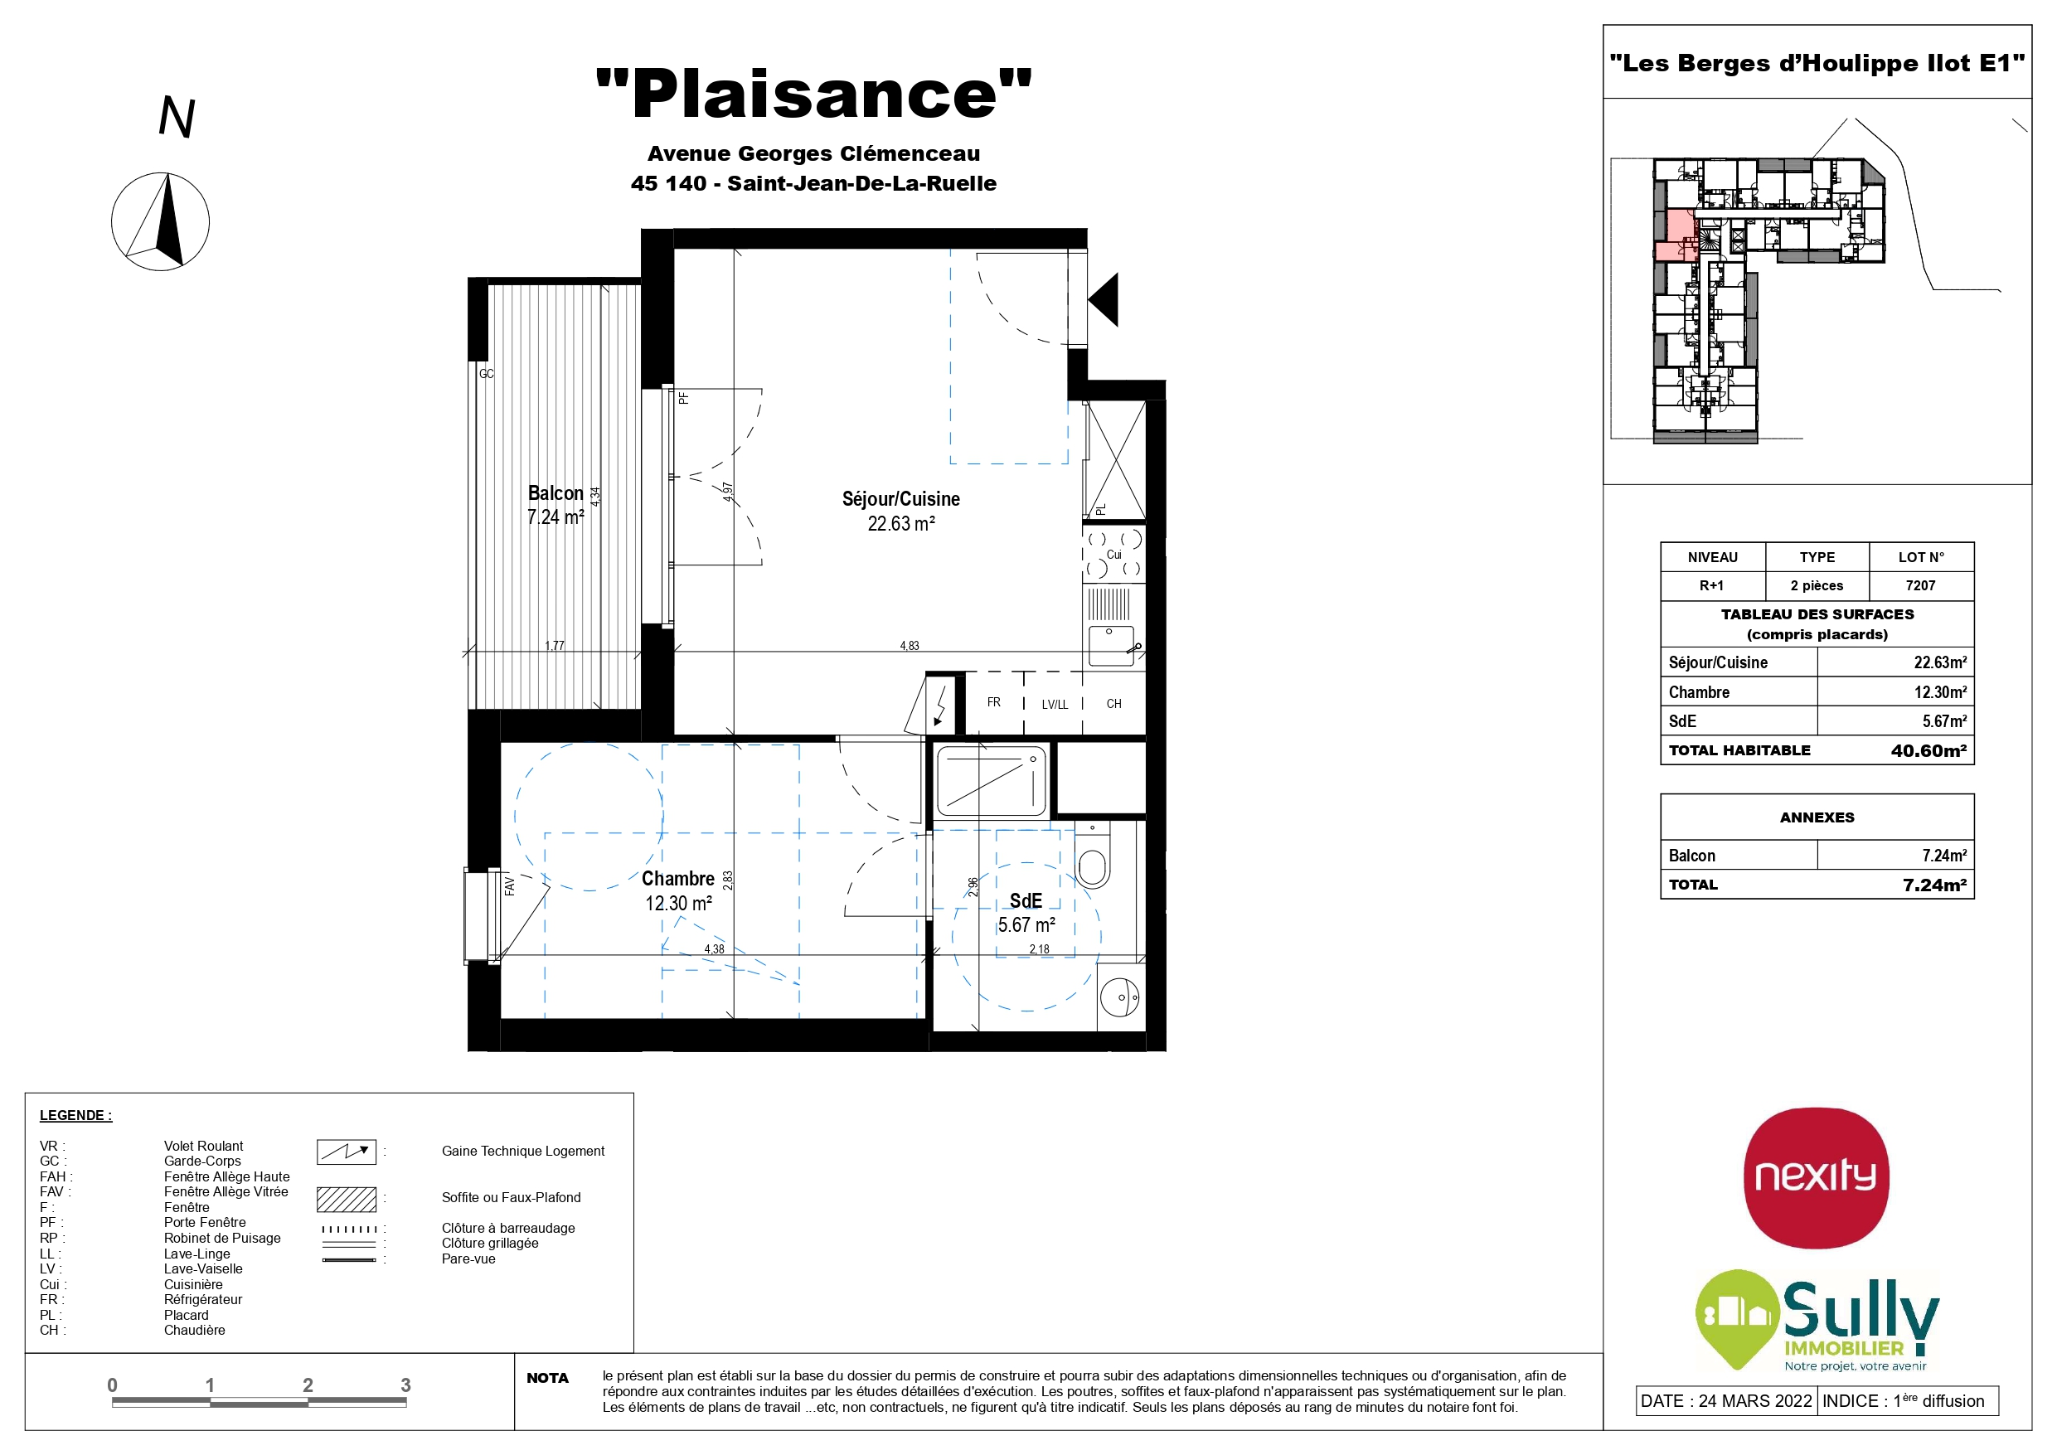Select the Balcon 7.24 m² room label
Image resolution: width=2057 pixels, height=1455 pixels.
coord(555,505)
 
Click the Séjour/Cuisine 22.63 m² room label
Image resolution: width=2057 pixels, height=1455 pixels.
coord(900,511)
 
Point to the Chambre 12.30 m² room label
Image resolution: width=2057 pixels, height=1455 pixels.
coord(678,890)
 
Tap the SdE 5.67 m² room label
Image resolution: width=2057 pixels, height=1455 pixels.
coord(1026,912)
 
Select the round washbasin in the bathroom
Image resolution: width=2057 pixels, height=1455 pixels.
coord(1120,997)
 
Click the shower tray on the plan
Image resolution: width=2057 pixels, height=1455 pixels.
coord(992,781)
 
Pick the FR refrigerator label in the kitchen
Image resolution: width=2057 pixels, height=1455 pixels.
coord(993,702)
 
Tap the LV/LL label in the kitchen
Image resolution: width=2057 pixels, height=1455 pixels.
coord(1055,704)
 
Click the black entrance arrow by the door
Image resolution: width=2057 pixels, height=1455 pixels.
coord(1104,299)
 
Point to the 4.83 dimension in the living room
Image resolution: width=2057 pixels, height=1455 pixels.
coord(910,645)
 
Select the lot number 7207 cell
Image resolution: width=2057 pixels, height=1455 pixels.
coord(1921,585)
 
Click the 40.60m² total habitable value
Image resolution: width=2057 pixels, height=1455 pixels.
coord(1928,751)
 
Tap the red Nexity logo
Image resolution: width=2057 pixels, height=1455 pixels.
coord(1816,1178)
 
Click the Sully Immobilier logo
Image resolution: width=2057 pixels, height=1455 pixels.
coord(1817,1321)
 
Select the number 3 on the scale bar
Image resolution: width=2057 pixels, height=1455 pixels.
coord(406,1385)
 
